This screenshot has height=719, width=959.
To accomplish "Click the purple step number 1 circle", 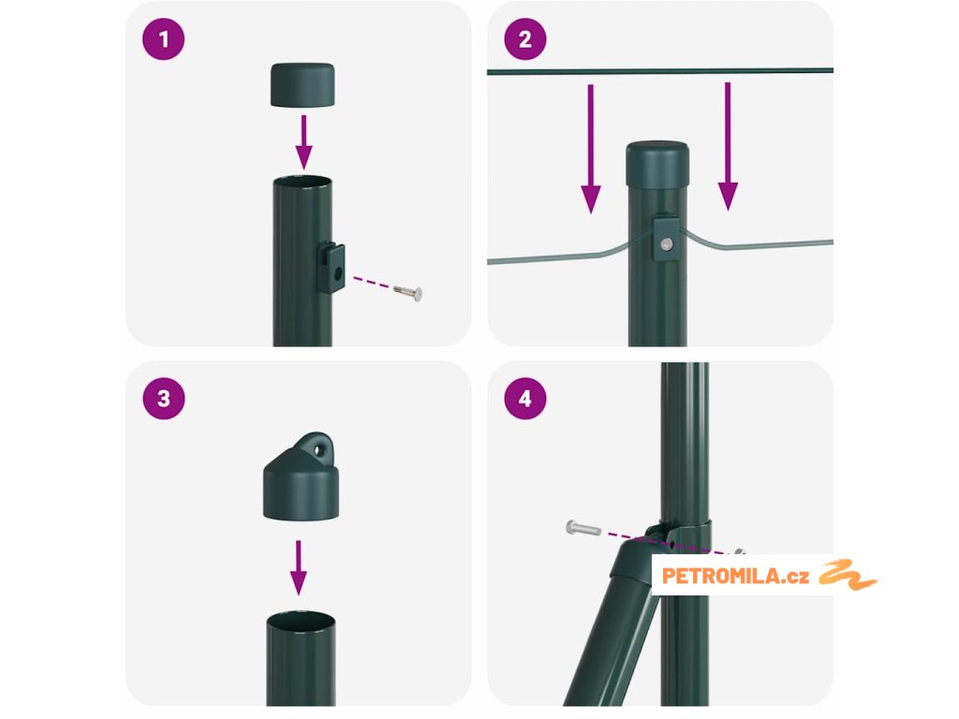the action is click(x=163, y=39).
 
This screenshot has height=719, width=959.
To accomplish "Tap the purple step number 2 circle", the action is click(x=525, y=39).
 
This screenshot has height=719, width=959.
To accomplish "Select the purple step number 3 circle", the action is click(x=163, y=399).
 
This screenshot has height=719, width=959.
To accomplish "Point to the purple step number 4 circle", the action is click(x=525, y=399).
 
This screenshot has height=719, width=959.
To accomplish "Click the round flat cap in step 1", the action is click(x=302, y=85).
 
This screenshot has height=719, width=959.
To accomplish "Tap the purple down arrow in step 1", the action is click(x=303, y=142).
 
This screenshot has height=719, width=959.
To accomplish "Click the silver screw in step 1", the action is click(x=408, y=292).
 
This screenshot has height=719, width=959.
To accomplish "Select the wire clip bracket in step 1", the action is click(x=331, y=267).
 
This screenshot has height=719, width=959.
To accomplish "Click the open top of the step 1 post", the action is click(x=302, y=183).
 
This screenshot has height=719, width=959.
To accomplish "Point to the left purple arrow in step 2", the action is click(x=591, y=149).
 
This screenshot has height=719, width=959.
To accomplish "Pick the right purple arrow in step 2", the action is click(x=728, y=146).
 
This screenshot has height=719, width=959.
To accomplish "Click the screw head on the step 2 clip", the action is click(x=667, y=244).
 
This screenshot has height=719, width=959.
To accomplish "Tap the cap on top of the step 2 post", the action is click(x=657, y=163).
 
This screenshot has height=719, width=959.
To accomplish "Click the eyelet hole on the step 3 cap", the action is click(x=318, y=450).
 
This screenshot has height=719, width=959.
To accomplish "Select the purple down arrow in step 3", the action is click(x=299, y=567).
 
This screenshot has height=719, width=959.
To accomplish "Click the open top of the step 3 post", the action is click(x=301, y=619).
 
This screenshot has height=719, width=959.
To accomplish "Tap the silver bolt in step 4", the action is click(x=583, y=528).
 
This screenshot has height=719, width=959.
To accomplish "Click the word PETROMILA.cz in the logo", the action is click(x=735, y=576).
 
